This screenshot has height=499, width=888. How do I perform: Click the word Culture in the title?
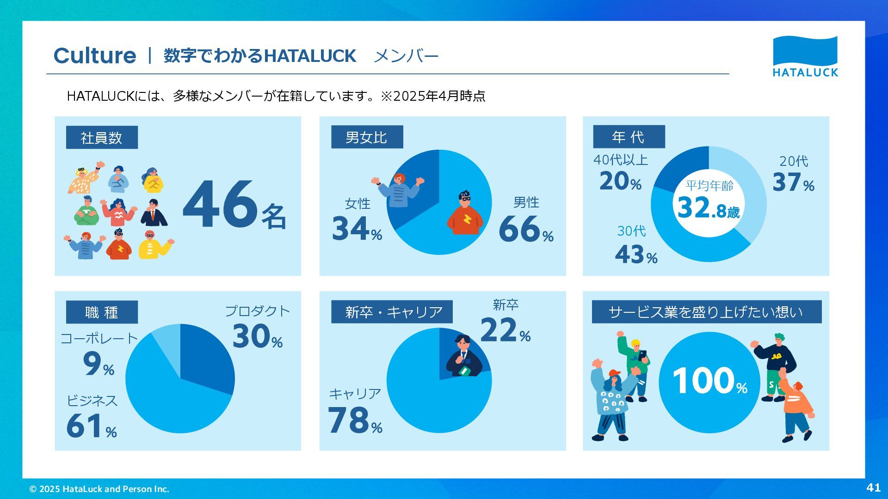pos(95,56)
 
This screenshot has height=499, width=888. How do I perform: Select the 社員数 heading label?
pos(102,137)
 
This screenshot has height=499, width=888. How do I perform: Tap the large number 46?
pos(220,205)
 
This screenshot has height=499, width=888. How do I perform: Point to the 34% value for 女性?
pos(357,229)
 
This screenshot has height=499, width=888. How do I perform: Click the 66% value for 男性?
pos(525,229)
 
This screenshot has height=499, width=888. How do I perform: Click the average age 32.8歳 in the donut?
pos(708,208)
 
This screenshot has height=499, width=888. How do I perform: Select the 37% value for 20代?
pos(793,182)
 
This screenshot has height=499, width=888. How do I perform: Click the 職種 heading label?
pos(102,312)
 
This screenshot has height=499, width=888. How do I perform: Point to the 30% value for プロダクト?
pos(257,336)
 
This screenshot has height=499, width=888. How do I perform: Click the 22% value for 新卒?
pos(505,330)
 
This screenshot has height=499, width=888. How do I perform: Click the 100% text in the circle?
pos(709,382)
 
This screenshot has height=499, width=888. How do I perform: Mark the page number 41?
pos(873,487)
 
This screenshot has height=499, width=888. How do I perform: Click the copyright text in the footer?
pos(99,489)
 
